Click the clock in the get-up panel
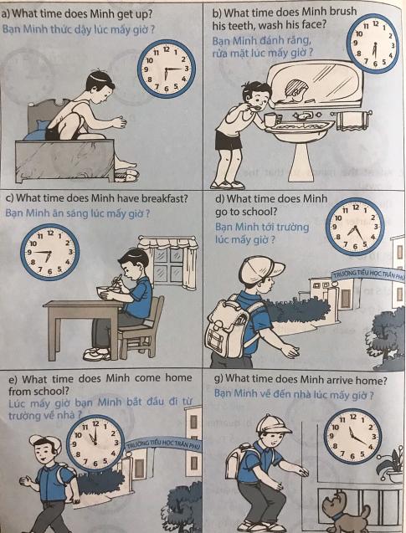click(x=167, y=69)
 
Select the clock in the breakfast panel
click(x=49, y=252)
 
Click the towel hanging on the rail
click(x=352, y=121)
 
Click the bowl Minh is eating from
click(x=106, y=292)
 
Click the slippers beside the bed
click(x=126, y=176)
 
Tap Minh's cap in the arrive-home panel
click(x=273, y=425)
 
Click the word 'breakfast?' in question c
click(x=165, y=198)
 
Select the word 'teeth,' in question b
click(x=241, y=25)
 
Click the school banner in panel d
click(x=368, y=274)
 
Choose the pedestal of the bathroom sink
click(x=301, y=161)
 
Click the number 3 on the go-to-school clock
click(x=376, y=227)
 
